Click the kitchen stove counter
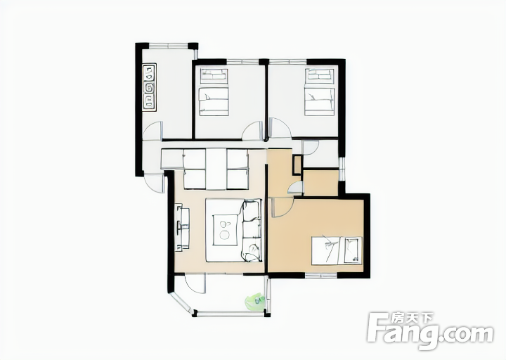tap(149, 87)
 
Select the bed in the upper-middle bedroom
tap(214, 92)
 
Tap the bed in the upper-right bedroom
tap(320, 92)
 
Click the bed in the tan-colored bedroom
tap(337, 250)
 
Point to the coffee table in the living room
tap(225, 230)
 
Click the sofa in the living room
tap(251, 230)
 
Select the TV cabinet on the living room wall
tap(182, 227)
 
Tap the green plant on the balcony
tap(255, 302)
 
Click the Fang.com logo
tap(431, 329)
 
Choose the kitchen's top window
tap(168, 46)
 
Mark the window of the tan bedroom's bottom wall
tap(321, 276)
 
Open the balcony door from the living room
tap(195, 284)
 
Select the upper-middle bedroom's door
tap(253, 130)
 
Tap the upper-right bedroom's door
tap(280, 128)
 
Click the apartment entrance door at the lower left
tap(154, 184)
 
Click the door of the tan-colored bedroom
tap(282, 207)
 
